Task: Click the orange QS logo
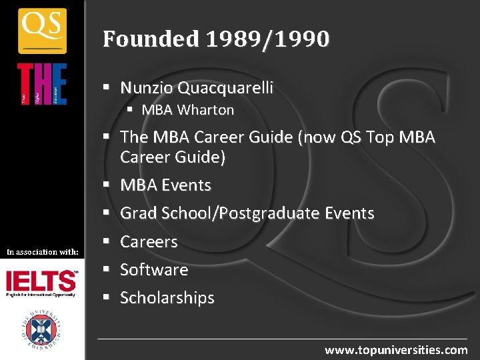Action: coord(42,30)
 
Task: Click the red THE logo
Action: coord(42,84)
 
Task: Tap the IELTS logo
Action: coord(41,283)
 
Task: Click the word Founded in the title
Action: coord(151,39)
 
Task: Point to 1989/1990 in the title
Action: coord(267,39)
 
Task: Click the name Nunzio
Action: coord(147,87)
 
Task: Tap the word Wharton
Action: coord(206,110)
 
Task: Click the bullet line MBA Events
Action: coord(165,185)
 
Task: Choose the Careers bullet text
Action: coord(149,241)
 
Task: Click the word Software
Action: coord(154,269)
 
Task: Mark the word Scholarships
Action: coord(167,297)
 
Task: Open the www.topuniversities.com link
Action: coord(396,349)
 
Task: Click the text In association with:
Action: coord(43,251)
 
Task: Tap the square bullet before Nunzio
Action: coord(107,88)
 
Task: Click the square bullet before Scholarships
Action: coord(107,298)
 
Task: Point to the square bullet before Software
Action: coord(107,270)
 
